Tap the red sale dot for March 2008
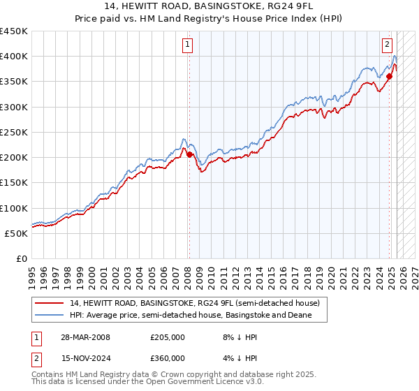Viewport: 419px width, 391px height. (x=189, y=154)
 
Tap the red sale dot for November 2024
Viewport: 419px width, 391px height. (x=389, y=76)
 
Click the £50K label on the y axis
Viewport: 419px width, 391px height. (x=17, y=233)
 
